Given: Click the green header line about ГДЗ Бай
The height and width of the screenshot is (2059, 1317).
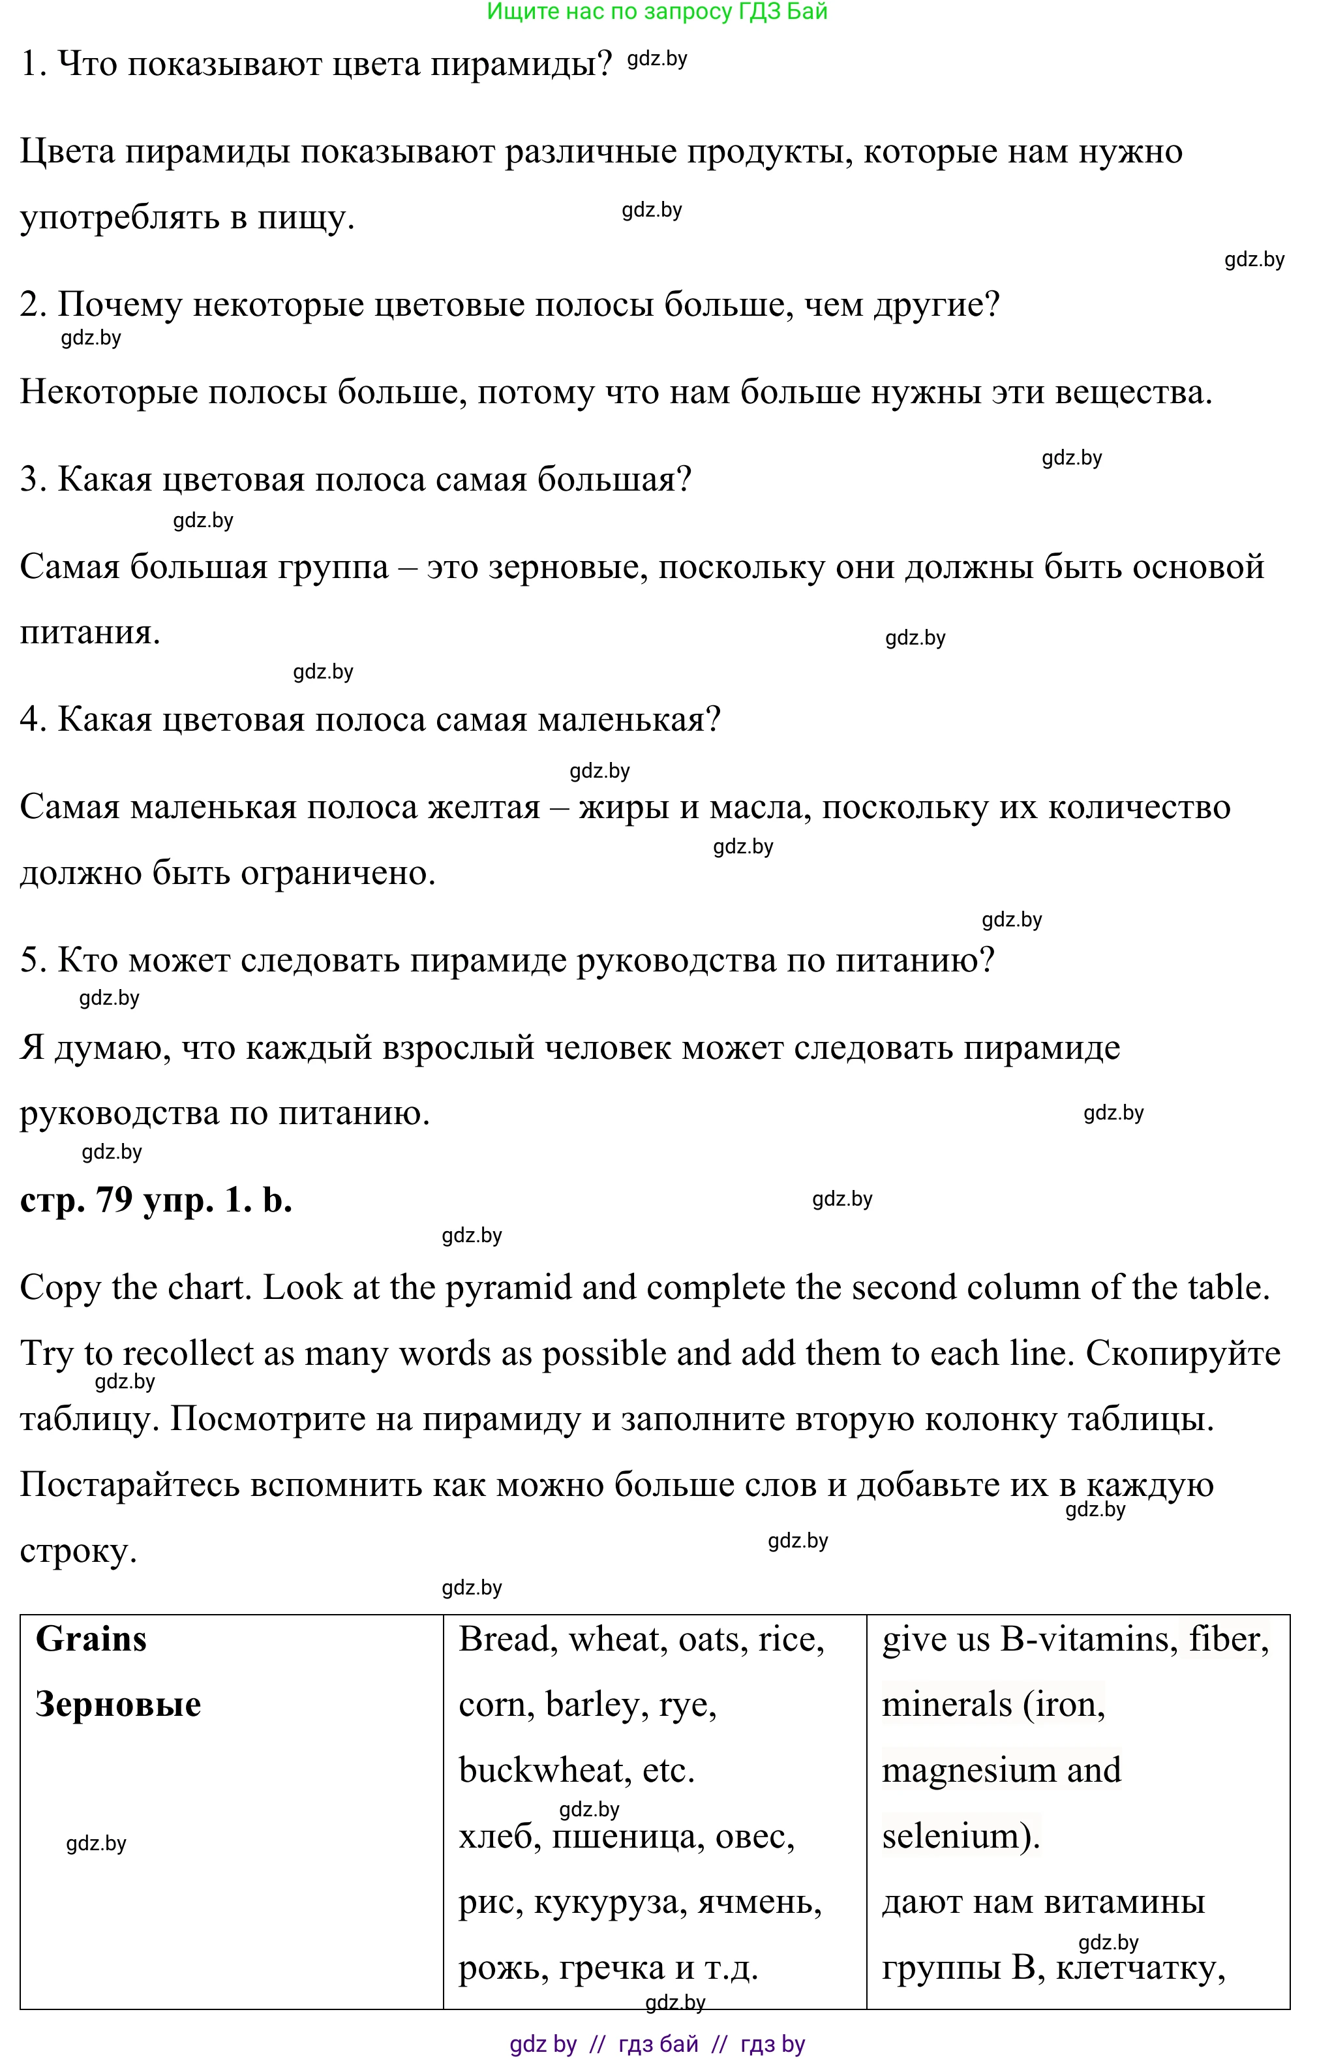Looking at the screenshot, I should pyautogui.click(x=657, y=12).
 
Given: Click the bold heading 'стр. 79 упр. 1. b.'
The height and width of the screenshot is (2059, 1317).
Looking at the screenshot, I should pyautogui.click(x=156, y=1200).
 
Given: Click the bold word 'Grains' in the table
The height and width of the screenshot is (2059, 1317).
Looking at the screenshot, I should pyautogui.click(x=91, y=1639).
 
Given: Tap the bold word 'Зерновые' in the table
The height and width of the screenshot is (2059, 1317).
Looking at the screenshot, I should pyautogui.click(x=118, y=1704).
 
